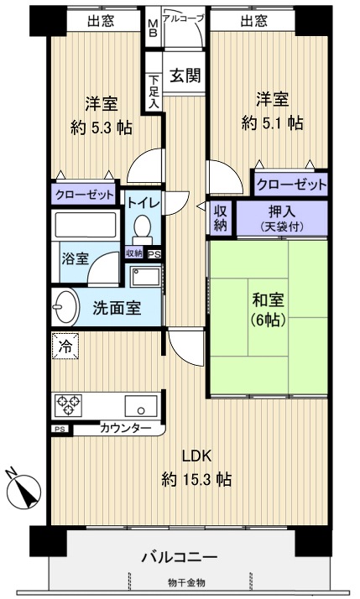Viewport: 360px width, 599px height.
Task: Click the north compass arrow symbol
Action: pos(27,489)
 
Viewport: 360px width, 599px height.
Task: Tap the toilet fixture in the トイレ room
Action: pos(142,227)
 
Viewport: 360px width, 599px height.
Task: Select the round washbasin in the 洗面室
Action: pos(64,307)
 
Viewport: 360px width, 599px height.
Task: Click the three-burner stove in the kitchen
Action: pos(69,405)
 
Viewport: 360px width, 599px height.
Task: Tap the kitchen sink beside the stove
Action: pos(138,406)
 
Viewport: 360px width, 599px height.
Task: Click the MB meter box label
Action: pos(153,29)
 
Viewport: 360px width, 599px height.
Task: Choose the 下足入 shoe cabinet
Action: pos(154,87)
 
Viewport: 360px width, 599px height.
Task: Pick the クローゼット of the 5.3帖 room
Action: pos(84,195)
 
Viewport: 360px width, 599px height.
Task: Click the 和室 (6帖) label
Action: pos(267,309)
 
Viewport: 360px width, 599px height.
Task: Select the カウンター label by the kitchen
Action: pos(126,430)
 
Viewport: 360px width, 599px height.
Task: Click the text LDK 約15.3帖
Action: pos(196,469)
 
